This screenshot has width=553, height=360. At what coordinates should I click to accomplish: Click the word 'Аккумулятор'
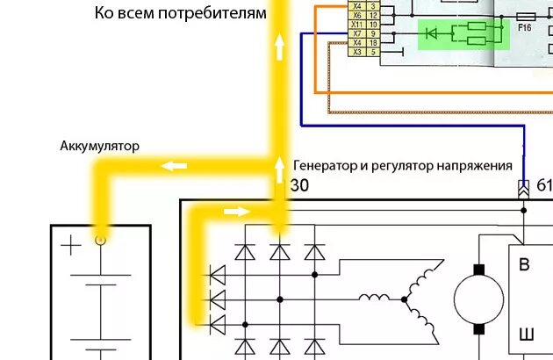[99, 146]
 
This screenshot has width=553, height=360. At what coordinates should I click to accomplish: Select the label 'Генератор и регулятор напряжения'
[402, 165]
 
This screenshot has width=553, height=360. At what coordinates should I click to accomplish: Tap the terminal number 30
[299, 185]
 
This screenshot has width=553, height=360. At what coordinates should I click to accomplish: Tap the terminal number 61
[544, 185]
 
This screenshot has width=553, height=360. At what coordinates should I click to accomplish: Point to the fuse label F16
[526, 27]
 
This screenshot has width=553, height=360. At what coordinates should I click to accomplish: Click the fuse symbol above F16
[527, 16]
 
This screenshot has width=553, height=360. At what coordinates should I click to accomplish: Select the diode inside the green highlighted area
[431, 33]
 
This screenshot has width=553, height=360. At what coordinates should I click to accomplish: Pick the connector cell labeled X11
[355, 25]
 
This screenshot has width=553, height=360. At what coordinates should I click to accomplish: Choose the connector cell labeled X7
[355, 33]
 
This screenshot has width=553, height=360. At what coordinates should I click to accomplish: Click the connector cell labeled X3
[355, 53]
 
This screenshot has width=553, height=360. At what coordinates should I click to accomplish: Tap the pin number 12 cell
[373, 15]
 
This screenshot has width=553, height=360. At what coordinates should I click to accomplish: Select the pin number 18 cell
[373, 43]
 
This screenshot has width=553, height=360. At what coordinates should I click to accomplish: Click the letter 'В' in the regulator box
[526, 266]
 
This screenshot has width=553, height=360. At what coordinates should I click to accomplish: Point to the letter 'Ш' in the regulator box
[527, 335]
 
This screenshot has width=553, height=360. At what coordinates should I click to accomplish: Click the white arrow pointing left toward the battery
[173, 164]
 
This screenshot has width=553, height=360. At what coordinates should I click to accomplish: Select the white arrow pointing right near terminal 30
[237, 211]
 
